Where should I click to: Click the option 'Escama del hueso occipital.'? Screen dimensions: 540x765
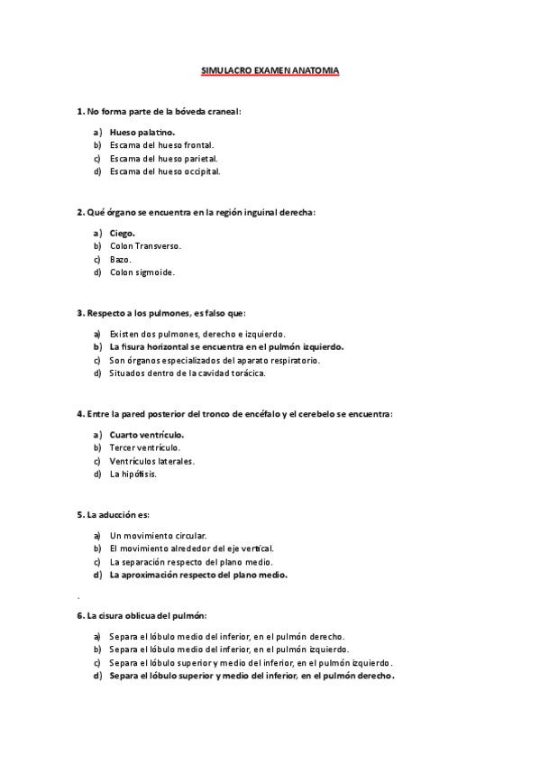click(x=165, y=171)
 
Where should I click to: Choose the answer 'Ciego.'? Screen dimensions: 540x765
click(x=123, y=233)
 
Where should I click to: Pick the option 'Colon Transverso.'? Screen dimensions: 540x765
click(x=145, y=245)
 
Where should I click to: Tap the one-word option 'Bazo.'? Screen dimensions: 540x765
click(x=121, y=259)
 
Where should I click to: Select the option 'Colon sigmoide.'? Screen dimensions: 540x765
click(x=142, y=272)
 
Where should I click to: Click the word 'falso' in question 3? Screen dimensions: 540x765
click(x=219, y=313)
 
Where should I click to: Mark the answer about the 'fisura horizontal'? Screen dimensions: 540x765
click(x=226, y=346)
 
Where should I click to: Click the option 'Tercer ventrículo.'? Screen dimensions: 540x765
click(x=144, y=447)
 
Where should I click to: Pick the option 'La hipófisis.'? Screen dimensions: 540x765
click(x=133, y=474)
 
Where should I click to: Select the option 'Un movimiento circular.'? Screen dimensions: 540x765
click(x=158, y=535)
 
